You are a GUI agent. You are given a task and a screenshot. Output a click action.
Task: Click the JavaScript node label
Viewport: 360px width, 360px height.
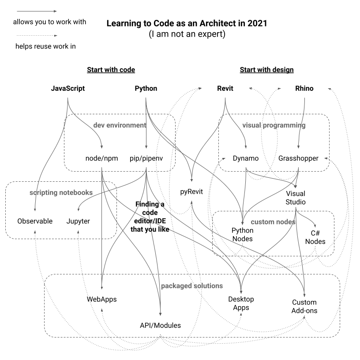(x=68, y=88)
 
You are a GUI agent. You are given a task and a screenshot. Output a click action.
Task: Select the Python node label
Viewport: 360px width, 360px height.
(x=146, y=88)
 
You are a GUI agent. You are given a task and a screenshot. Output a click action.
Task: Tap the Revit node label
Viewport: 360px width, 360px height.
(x=225, y=88)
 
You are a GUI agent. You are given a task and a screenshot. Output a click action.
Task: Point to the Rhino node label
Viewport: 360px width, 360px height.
(x=304, y=88)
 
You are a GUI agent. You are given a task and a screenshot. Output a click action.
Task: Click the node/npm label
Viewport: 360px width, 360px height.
(x=102, y=158)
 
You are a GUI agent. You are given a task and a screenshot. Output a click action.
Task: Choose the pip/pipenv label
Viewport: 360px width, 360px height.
(x=146, y=158)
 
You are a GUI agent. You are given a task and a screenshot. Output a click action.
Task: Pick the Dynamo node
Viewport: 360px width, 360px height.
(x=246, y=158)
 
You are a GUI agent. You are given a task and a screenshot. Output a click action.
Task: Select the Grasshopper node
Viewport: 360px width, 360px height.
(x=298, y=158)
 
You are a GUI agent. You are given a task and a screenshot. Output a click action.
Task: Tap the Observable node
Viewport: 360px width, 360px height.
(x=35, y=221)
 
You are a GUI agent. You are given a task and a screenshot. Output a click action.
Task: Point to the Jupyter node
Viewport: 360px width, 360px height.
(x=78, y=221)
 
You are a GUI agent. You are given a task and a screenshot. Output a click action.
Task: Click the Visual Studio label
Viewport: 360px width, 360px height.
(x=296, y=198)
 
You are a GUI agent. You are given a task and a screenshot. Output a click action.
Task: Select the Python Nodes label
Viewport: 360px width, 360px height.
(x=243, y=235)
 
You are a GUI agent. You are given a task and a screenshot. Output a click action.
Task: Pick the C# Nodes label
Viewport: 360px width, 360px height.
(x=315, y=237)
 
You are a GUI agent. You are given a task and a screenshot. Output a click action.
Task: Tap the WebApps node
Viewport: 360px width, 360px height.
(x=101, y=299)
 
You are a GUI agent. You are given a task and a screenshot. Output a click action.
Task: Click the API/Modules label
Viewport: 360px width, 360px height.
(x=160, y=326)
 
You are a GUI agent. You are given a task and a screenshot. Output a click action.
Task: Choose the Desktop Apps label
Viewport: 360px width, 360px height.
(x=241, y=304)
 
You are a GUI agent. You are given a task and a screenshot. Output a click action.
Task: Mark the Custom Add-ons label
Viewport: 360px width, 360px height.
(x=304, y=307)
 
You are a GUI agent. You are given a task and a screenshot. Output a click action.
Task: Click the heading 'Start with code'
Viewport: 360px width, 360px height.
(x=111, y=70)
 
